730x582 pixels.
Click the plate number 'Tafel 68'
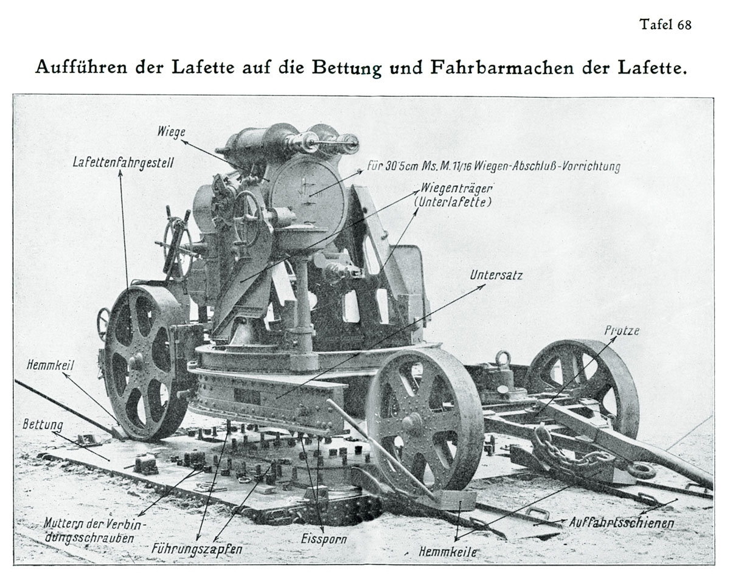click(665, 25)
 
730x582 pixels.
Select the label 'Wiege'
click(172, 131)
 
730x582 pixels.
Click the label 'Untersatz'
click(496, 275)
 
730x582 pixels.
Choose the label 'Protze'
click(622, 330)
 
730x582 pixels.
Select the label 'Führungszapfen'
click(196, 549)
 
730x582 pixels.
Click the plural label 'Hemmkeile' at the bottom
click(448, 552)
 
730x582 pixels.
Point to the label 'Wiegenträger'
click(456, 189)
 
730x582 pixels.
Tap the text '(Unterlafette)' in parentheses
click(456, 203)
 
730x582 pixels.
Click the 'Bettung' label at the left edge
click(43, 424)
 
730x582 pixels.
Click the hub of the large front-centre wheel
click(412, 420)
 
